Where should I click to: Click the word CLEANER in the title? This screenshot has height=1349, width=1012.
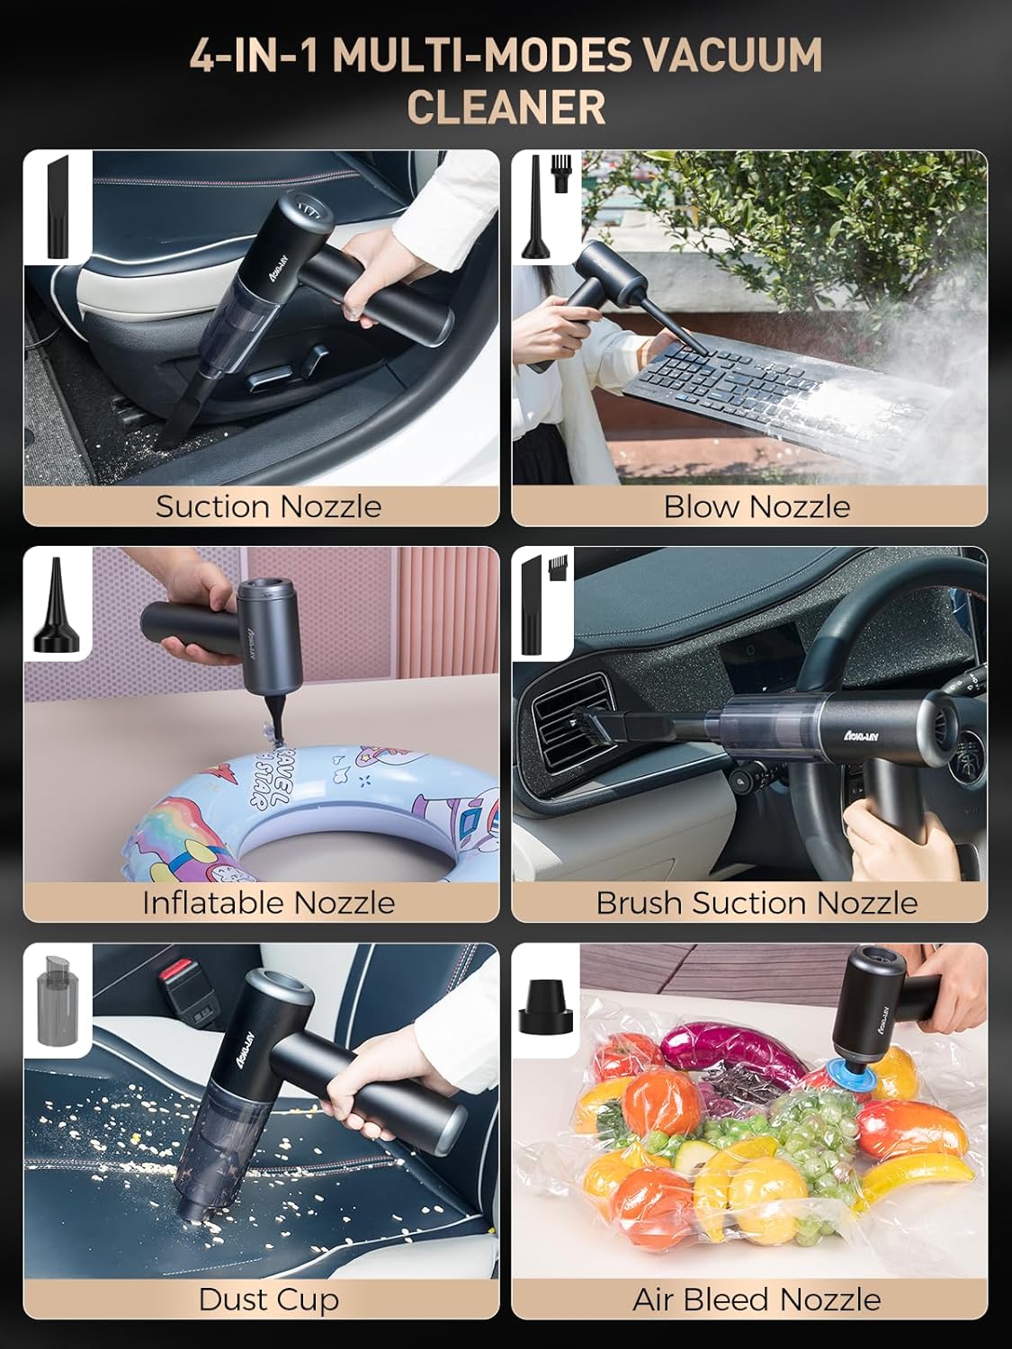coord(506,107)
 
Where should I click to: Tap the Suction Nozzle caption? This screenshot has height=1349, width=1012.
coord(268,506)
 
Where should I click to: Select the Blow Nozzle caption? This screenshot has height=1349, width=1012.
coord(757,506)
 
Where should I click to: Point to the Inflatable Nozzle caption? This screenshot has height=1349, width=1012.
coord(268,903)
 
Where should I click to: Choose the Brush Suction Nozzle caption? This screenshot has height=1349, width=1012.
coord(757,903)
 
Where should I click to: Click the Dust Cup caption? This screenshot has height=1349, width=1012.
coord(268,1300)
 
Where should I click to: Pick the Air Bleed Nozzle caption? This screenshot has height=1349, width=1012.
coord(757,1300)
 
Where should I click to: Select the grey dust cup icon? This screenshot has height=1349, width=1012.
coord(58,1000)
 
